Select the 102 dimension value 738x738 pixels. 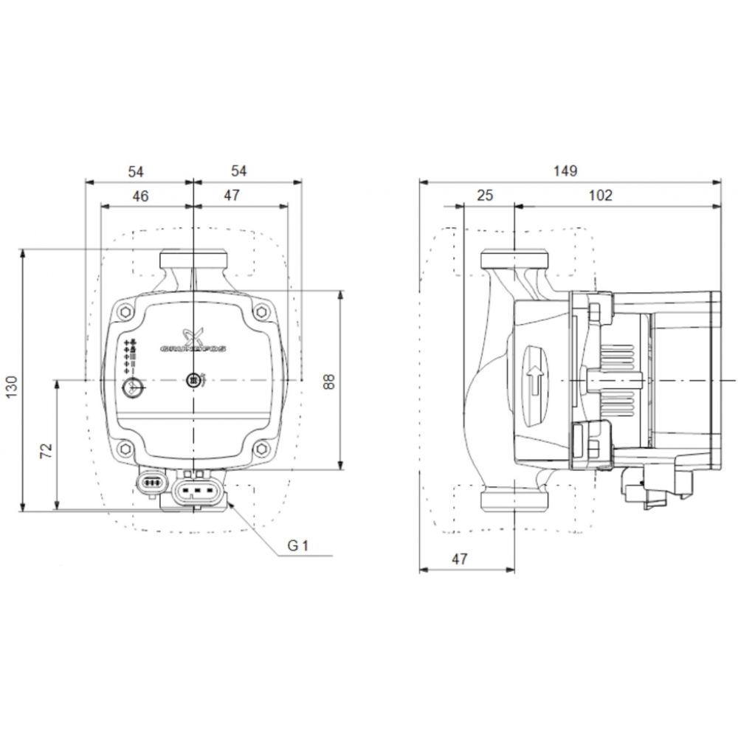pos(601,196)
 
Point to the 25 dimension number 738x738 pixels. pos(485,196)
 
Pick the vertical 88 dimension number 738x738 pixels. pos(329,381)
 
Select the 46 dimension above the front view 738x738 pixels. pos(140,196)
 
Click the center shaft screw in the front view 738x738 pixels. pos(193,380)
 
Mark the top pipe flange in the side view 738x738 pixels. pos(514,259)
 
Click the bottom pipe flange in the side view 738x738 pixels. pos(514,499)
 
